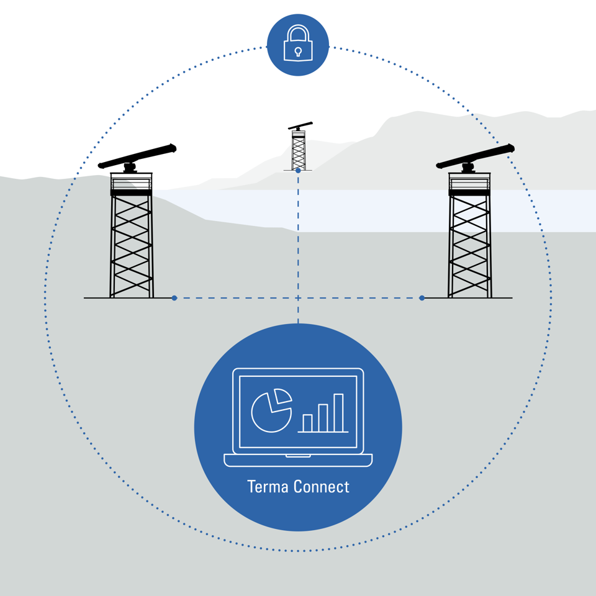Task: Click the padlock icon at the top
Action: click(298, 43)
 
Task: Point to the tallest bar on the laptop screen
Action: click(338, 413)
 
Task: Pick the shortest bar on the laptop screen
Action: click(307, 423)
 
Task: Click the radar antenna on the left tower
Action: click(138, 156)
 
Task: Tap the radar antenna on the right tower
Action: click(476, 156)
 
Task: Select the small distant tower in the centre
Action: click(299, 148)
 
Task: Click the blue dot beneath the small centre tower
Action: click(298, 171)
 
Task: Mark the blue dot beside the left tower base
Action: click(174, 298)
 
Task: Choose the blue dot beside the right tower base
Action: click(422, 298)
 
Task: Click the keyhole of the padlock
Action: click(298, 52)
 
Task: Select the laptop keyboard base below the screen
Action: click(298, 460)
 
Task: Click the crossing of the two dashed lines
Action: click(298, 298)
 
